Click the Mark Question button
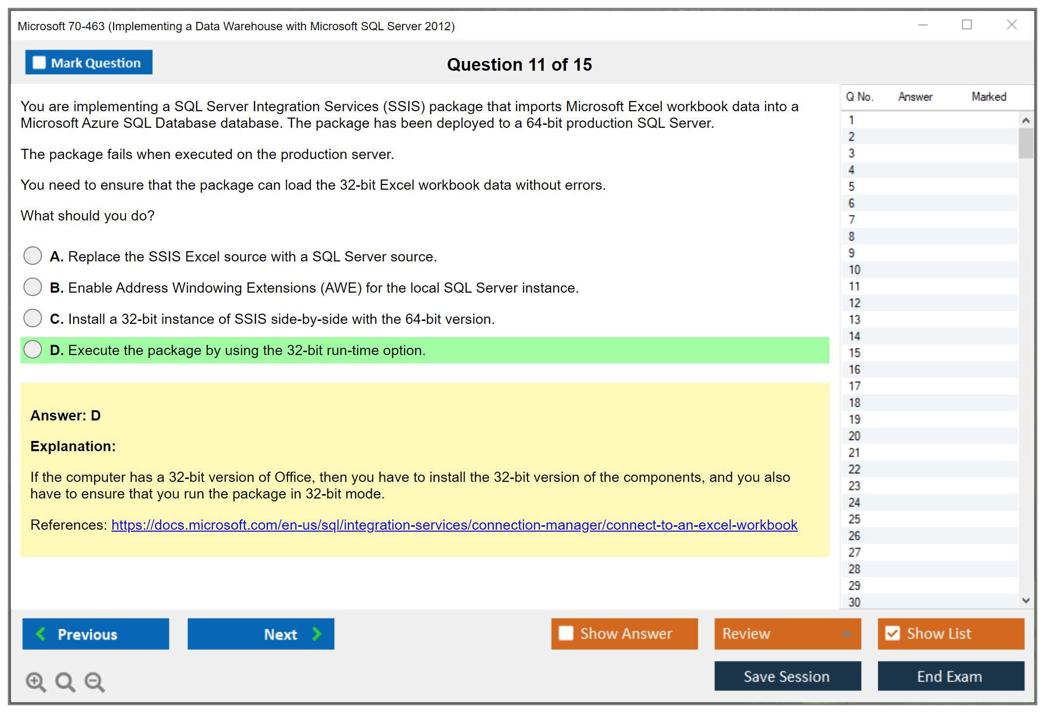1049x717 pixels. pyautogui.click(x=89, y=62)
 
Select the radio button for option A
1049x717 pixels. pyautogui.click(x=33, y=256)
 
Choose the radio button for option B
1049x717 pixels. pyautogui.click(x=33, y=287)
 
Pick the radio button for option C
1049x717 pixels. pyautogui.click(x=33, y=318)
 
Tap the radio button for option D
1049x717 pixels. pyautogui.click(x=33, y=349)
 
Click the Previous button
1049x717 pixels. pyautogui.click(x=96, y=634)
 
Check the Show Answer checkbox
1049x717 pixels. pyautogui.click(x=566, y=633)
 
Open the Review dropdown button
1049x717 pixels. pyautogui.click(x=787, y=634)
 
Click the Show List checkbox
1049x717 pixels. pyautogui.click(x=892, y=633)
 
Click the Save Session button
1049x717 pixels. pyautogui.click(x=787, y=676)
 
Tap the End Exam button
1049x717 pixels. pyautogui.click(x=951, y=676)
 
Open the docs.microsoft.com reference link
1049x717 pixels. pyautogui.click(x=454, y=525)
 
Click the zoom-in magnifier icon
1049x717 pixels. pyautogui.click(x=36, y=681)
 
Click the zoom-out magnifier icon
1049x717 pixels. pyautogui.click(x=95, y=681)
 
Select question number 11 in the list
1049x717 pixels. pyautogui.click(x=854, y=286)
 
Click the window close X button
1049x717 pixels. pyautogui.click(x=1012, y=24)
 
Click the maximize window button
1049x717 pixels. pyautogui.click(x=967, y=24)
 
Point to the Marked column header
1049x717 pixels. pyautogui.click(x=989, y=97)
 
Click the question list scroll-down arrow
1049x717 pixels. pyautogui.click(x=1026, y=600)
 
